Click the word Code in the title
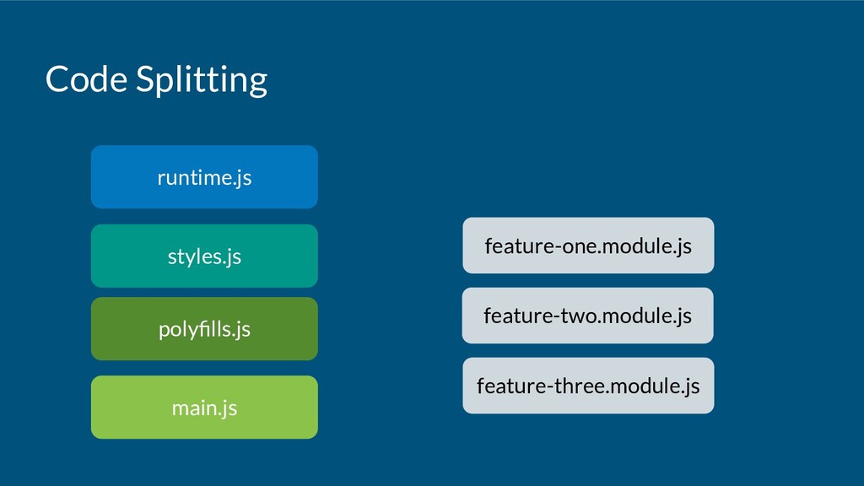point(86,78)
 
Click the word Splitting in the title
point(202,81)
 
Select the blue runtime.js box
point(204,177)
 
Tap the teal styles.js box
point(204,256)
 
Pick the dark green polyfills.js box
point(204,329)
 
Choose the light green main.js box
point(204,408)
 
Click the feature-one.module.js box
point(588,246)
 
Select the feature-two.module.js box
point(588,316)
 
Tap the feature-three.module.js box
point(588,385)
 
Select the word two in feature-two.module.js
point(579,316)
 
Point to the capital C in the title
point(57,78)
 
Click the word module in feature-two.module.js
point(636,316)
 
